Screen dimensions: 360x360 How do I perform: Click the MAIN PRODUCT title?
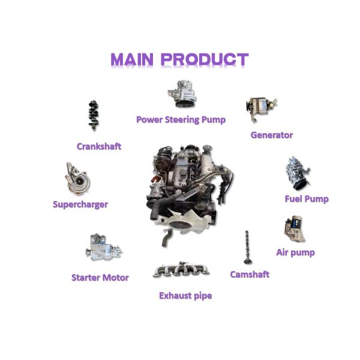[x=179, y=59]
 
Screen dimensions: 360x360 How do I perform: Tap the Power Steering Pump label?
[x=181, y=120]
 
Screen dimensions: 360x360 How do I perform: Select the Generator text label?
[x=272, y=135]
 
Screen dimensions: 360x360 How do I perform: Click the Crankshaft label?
[x=99, y=146]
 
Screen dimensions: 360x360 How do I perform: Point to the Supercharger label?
[x=80, y=205]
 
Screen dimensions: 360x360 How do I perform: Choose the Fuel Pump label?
[x=307, y=199]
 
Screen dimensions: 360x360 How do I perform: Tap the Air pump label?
[x=295, y=253]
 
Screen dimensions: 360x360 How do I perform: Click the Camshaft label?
[x=250, y=274]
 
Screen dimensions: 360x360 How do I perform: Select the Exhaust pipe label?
[x=185, y=296]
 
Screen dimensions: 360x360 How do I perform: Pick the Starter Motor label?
[x=100, y=278]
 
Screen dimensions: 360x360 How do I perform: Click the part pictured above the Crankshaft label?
[x=94, y=115]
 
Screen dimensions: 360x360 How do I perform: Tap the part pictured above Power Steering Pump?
[x=182, y=94]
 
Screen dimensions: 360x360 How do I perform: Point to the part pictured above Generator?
[x=261, y=109]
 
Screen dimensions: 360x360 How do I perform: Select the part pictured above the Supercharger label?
[x=77, y=179]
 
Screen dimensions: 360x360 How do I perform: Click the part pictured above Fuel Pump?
[x=298, y=173]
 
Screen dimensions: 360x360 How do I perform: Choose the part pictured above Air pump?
[x=295, y=229]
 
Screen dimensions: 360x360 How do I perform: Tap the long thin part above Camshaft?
[x=247, y=247]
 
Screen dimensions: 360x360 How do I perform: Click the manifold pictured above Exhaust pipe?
[x=181, y=269]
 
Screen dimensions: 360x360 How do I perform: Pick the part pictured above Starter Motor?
[x=104, y=247]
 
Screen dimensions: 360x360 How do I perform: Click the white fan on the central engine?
[x=182, y=221]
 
